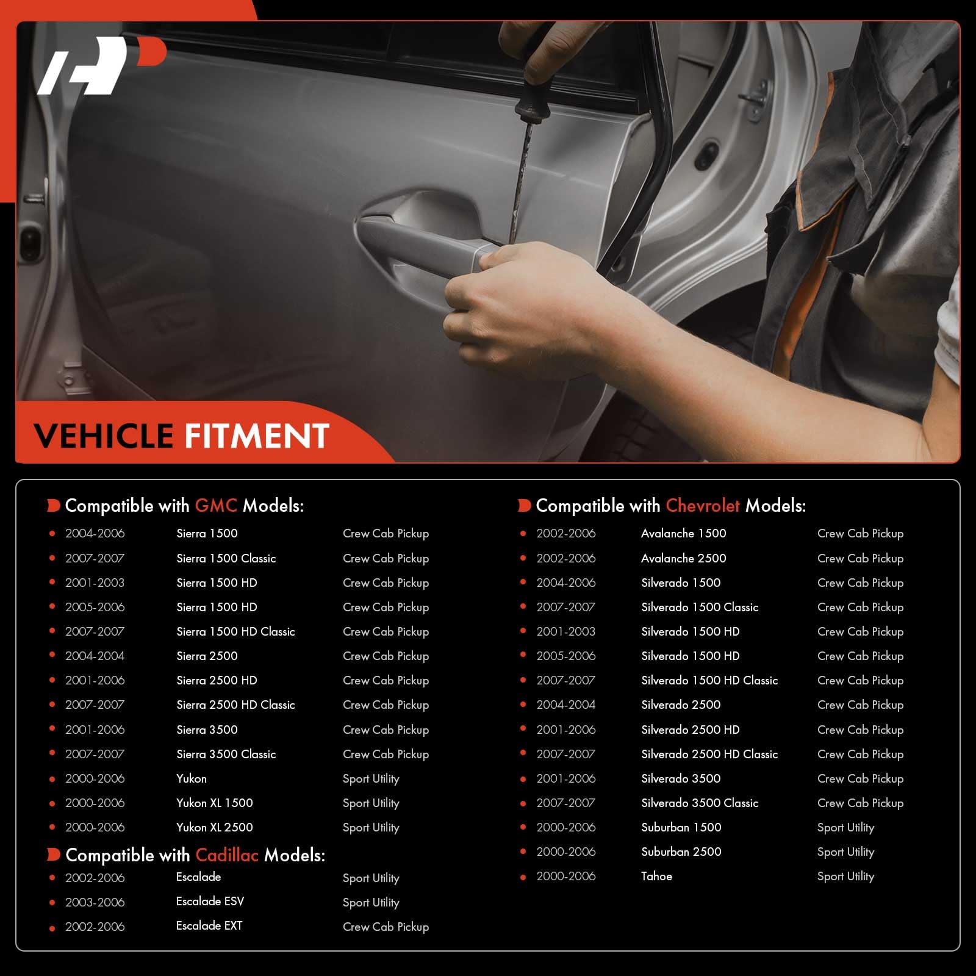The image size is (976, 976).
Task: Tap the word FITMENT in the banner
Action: pos(257,436)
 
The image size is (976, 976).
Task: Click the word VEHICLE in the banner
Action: pos(104,436)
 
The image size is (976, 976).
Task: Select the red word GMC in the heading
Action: pos(216,506)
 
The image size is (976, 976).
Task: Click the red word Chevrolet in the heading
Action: pos(703,506)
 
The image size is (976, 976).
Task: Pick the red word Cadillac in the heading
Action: pos(227,855)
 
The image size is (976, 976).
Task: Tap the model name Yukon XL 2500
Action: pos(215,827)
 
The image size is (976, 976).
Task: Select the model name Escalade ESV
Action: pos(210,901)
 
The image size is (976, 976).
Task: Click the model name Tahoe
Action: pos(656,876)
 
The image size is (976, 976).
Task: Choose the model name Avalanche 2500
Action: pos(684,558)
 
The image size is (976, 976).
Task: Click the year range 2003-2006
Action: pos(95,902)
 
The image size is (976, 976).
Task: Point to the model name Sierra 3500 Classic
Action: pos(226,754)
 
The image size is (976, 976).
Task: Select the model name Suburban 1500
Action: pos(681,827)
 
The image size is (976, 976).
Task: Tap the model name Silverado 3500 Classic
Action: pos(700,803)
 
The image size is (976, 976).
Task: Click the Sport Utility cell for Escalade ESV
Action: pos(371,903)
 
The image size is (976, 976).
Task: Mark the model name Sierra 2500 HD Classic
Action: pos(235,705)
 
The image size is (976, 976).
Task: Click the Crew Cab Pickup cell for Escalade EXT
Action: pos(386,927)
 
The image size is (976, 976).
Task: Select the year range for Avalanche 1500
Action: pos(566,533)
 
